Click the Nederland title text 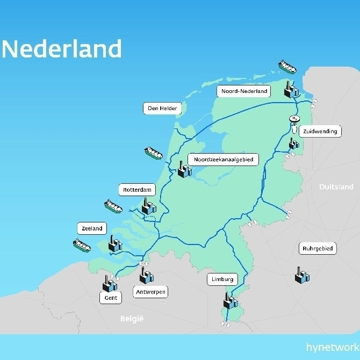tap(62, 49)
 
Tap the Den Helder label tap(162, 108)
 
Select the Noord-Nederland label tap(244, 91)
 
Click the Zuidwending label tap(320, 131)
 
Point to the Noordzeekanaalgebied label tap(223, 160)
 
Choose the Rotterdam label tap(136, 190)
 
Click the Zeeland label tap(92, 228)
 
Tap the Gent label tap(111, 298)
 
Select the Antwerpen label tap(150, 292)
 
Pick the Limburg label tap(222, 279)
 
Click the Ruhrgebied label tap(318, 249)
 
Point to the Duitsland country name tap(336, 187)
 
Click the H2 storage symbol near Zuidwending tap(294, 119)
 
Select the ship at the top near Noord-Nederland tap(287, 67)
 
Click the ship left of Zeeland tap(82, 246)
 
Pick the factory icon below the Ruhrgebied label tap(302, 276)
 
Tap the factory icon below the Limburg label tap(231, 300)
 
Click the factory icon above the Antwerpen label tap(146, 276)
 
